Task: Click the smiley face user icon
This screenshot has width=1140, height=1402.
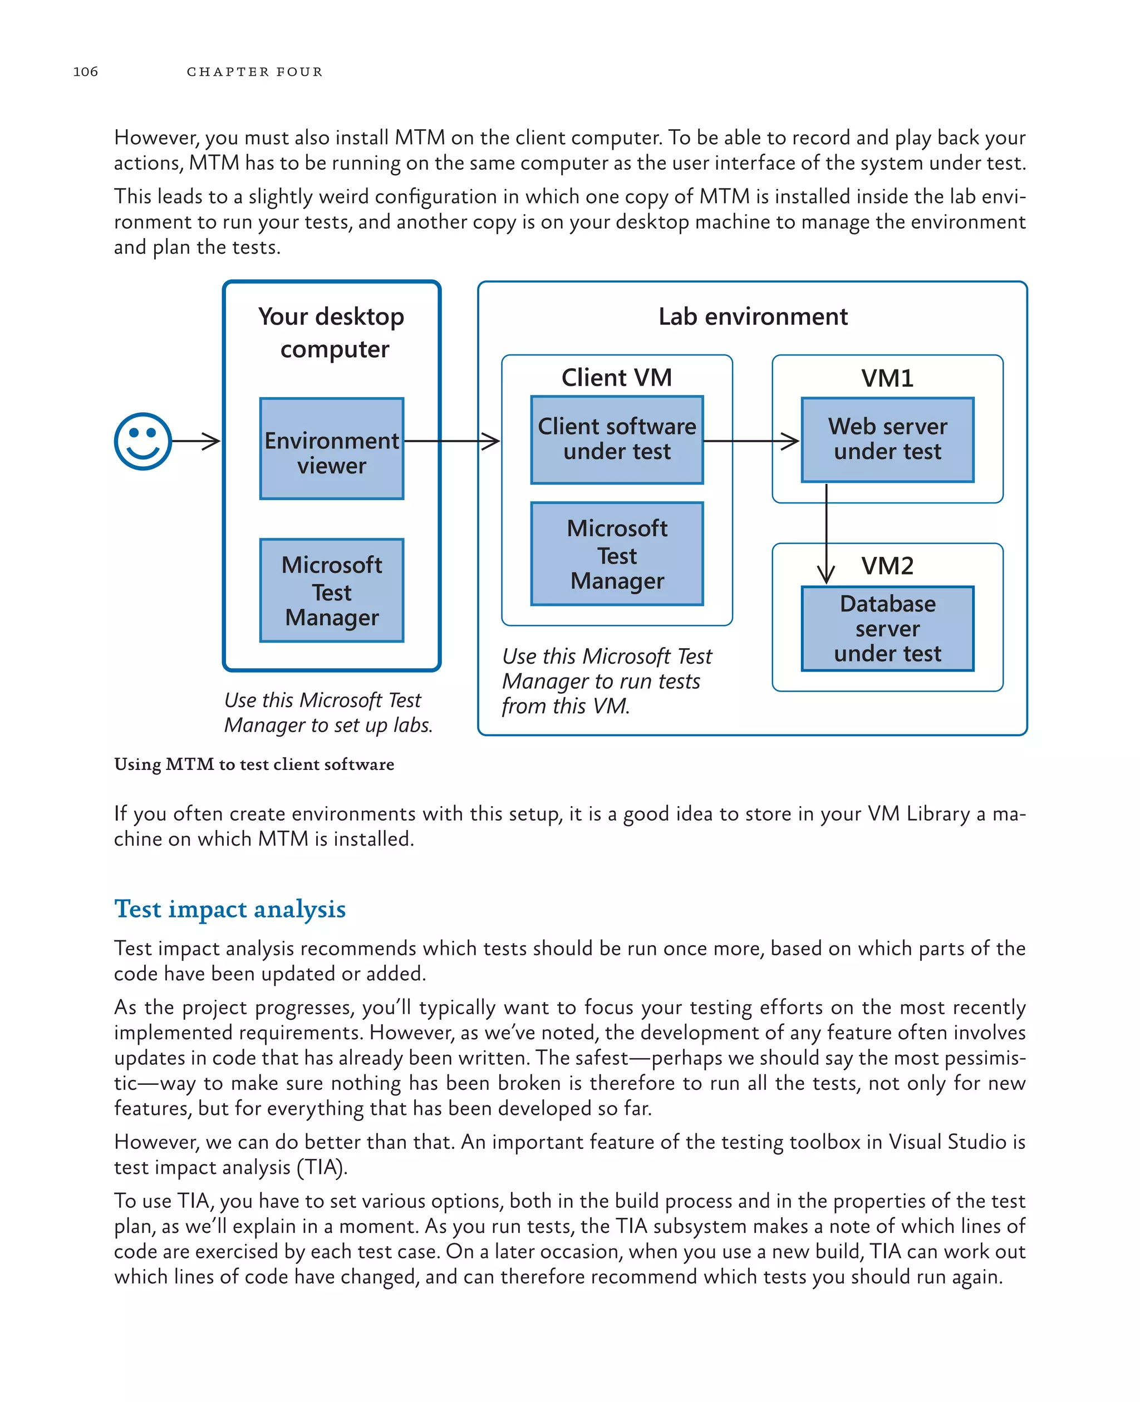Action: coord(142,441)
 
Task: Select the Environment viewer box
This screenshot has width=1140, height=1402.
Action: coord(332,449)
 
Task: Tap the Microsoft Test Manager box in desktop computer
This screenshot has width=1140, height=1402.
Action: coord(332,590)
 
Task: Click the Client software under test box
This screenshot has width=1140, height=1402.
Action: coord(617,440)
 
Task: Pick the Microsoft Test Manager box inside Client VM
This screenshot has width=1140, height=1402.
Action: coord(617,554)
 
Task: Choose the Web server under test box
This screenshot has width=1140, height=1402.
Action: coord(887,440)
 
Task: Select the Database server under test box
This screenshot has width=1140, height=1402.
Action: coord(887,628)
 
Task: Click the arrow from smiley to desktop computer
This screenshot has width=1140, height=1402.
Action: coord(196,441)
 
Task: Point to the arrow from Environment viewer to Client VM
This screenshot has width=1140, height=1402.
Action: coord(452,441)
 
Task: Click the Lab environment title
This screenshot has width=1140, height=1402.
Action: coord(753,317)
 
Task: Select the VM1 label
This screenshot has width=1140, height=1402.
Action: coord(887,379)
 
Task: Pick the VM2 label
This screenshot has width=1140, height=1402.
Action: coord(887,566)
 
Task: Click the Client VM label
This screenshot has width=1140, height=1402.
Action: coord(617,378)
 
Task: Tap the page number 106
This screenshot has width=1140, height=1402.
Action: coord(85,72)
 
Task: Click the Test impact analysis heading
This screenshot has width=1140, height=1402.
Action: coord(230,909)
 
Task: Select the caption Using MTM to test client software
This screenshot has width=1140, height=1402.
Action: coord(254,764)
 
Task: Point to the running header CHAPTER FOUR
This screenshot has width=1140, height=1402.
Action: coord(255,72)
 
